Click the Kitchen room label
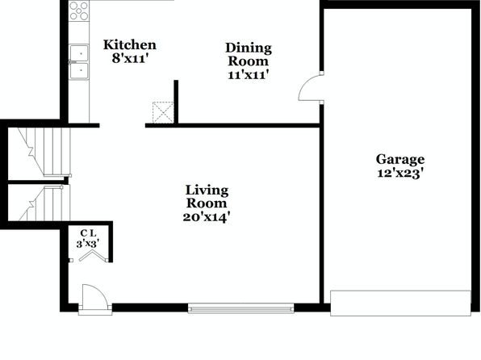(x=130, y=45)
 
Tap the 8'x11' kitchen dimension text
(x=131, y=58)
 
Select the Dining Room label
(x=249, y=54)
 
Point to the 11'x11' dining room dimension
(x=249, y=74)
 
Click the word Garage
(x=400, y=160)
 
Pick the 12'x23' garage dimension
(x=400, y=174)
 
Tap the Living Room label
(x=207, y=197)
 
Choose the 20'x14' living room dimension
(x=207, y=217)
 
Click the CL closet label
(x=88, y=233)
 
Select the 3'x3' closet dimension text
(x=88, y=244)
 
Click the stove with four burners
(x=79, y=10)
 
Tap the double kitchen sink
(x=79, y=62)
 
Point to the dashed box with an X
(x=163, y=112)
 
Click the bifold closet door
(x=92, y=256)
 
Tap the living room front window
(x=240, y=308)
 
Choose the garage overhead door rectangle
(x=400, y=303)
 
